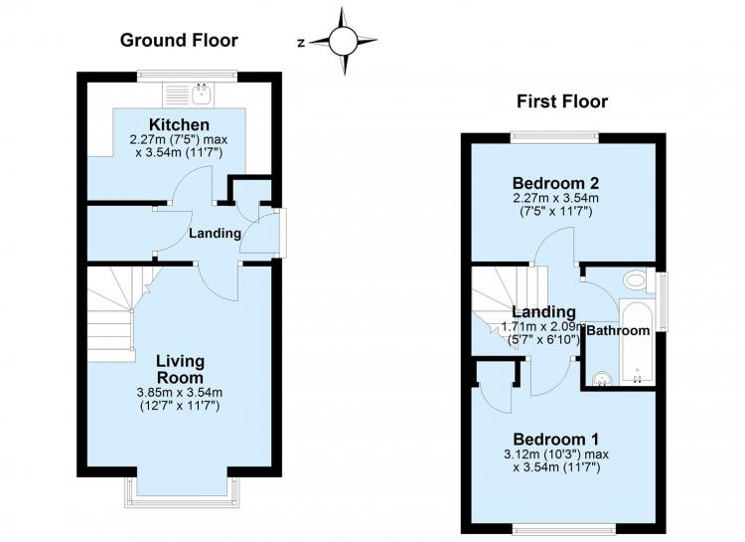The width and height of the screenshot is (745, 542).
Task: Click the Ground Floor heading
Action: (179, 41)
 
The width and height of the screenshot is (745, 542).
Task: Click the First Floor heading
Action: (562, 101)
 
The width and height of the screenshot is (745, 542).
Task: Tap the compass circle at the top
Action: (343, 42)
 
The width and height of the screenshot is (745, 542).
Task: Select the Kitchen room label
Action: (179, 124)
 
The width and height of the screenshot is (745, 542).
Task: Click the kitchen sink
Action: (203, 93)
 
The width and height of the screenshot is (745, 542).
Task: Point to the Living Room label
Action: (181, 369)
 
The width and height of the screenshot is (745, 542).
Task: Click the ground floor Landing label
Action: (215, 233)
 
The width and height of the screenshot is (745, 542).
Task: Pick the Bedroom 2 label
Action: (555, 183)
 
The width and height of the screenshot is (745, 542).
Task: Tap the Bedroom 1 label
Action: (556, 439)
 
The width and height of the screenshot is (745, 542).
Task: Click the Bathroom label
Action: (618, 330)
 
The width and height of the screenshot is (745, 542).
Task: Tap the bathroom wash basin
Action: (603, 378)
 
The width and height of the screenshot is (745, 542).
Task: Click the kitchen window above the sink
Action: (188, 75)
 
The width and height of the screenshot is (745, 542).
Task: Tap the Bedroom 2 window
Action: (555, 136)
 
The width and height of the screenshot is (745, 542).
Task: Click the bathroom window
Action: (662, 301)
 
